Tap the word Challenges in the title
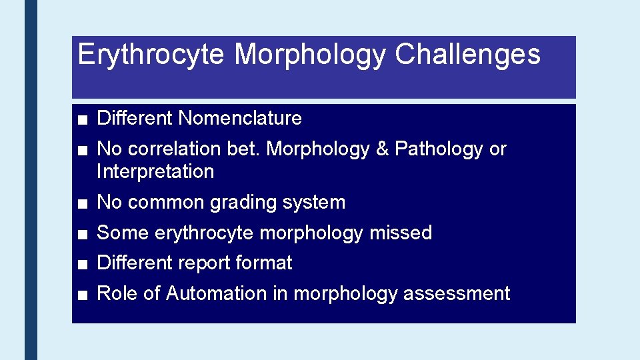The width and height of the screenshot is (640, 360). (467, 55)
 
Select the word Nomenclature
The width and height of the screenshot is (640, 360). (240, 119)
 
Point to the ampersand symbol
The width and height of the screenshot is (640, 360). (382, 149)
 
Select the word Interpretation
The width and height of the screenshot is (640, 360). (155, 172)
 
